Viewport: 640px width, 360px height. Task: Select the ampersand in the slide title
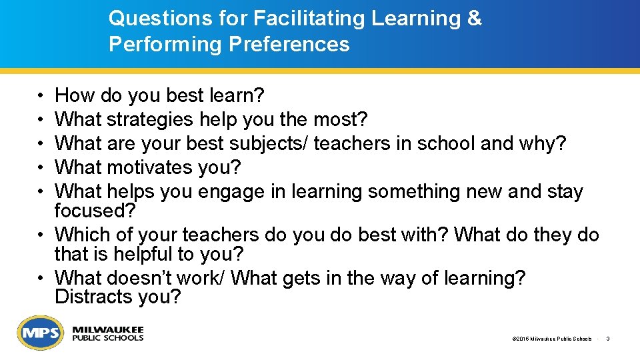point(474,19)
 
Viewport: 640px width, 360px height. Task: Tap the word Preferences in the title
point(289,45)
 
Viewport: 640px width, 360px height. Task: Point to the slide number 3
point(608,339)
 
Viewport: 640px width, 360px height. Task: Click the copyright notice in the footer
point(551,339)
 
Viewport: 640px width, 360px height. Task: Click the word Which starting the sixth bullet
point(83,235)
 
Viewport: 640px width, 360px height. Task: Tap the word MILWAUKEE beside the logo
point(108,330)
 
